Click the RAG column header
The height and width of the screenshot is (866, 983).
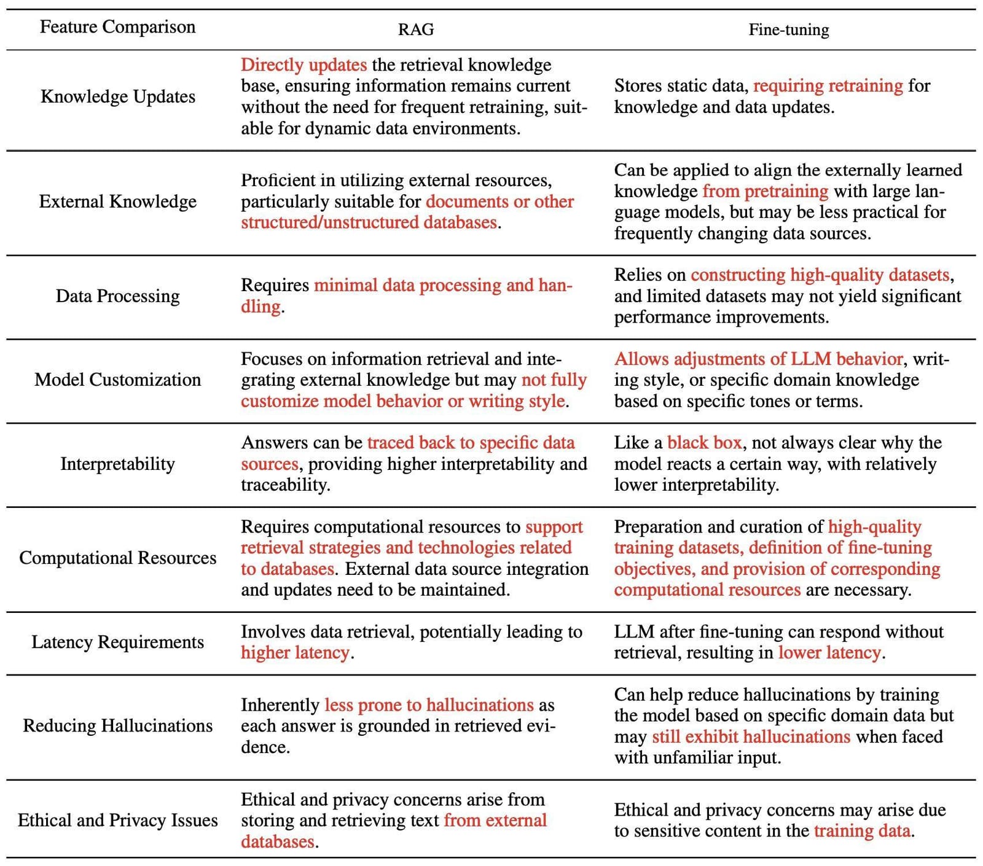416,29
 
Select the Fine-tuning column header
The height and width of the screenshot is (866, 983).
788,29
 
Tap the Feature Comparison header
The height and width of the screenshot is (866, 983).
117,27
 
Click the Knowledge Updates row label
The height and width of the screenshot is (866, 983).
117,96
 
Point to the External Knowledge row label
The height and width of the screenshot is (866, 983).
117,201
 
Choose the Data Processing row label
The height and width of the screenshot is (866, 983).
117,296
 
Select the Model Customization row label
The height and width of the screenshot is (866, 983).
117,380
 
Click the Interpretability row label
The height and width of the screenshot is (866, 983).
117,464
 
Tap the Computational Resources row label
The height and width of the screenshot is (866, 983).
117,558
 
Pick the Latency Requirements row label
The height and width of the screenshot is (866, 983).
117,642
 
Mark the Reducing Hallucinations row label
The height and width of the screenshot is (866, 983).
117,726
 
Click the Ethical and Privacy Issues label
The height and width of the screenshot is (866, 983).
117,821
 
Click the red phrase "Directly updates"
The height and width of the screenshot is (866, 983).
304,65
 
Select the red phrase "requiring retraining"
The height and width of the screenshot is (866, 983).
828,86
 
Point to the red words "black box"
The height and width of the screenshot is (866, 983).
704,443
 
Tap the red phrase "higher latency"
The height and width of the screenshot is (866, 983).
295,652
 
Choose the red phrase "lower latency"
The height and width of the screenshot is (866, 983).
829,652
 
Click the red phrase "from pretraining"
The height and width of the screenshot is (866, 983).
765,191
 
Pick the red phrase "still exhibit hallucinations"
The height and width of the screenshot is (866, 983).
751,736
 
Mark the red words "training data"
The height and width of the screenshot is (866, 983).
861,831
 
